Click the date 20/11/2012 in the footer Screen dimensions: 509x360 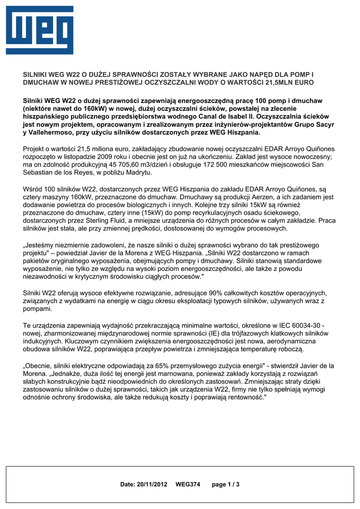point(153,484)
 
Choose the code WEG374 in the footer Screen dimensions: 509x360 point(187,484)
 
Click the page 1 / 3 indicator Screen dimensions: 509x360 point(226,484)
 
